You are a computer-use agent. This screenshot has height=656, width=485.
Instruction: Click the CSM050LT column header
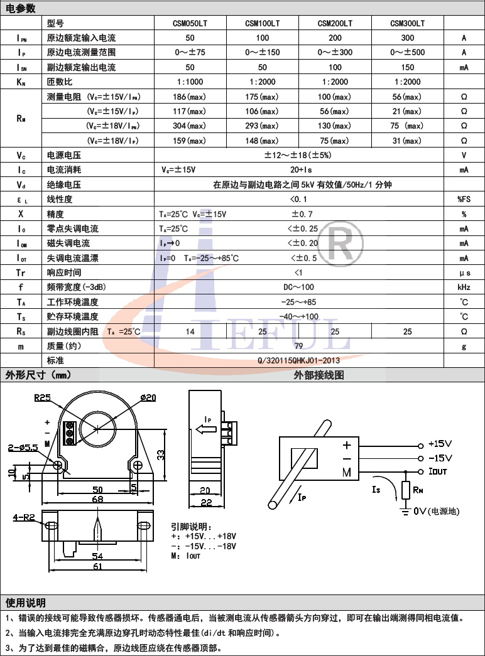pos(190,23)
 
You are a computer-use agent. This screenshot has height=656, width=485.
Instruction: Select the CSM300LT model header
pos(407,23)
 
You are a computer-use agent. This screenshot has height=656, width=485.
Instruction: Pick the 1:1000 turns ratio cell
pos(190,82)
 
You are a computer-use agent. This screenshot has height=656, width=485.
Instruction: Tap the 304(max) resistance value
pos(189,126)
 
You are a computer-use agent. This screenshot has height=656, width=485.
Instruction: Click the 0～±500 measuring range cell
pos(407,52)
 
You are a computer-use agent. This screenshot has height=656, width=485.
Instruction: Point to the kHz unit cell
pos(464,288)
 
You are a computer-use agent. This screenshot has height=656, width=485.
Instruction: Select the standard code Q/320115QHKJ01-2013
pos(298,360)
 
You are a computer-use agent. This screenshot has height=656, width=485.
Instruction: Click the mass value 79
pos(298,346)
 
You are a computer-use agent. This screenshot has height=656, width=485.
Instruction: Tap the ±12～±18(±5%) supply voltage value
pos(298,155)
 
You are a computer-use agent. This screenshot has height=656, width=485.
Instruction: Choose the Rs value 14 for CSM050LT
pos(190,331)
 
